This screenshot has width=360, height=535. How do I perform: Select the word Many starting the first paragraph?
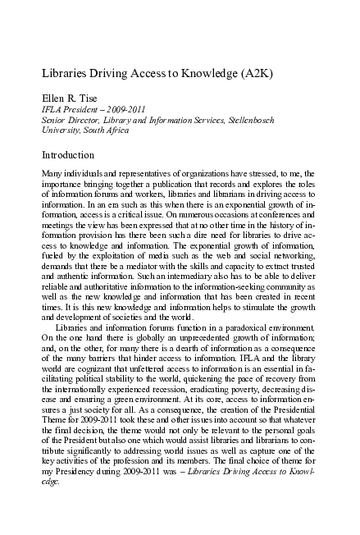click(x=52, y=176)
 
